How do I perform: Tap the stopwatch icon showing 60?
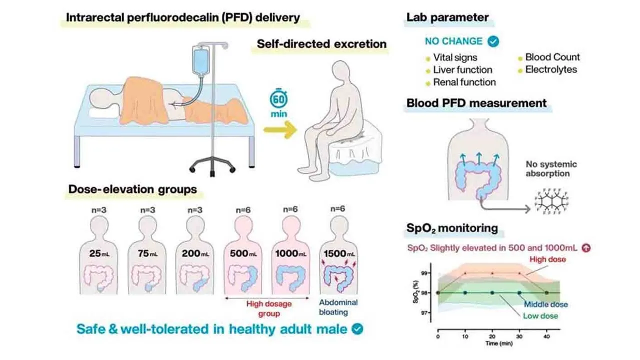[277, 99]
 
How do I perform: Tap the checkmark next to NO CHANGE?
[493, 41]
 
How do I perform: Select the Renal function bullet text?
[464, 82]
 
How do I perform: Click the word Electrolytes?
[550, 69]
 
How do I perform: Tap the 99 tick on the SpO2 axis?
[425, 273]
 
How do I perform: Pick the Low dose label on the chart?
[540, 316]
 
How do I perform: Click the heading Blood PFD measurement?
[476, 103]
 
